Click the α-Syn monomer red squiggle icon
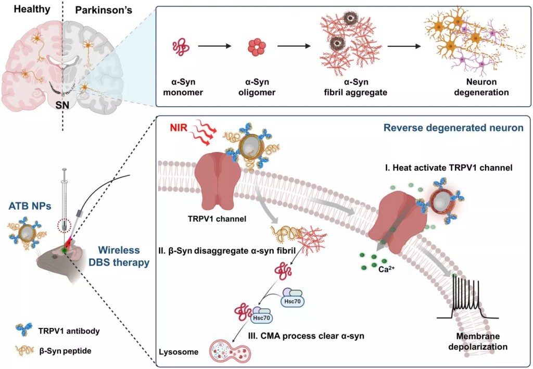click(181, 47)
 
